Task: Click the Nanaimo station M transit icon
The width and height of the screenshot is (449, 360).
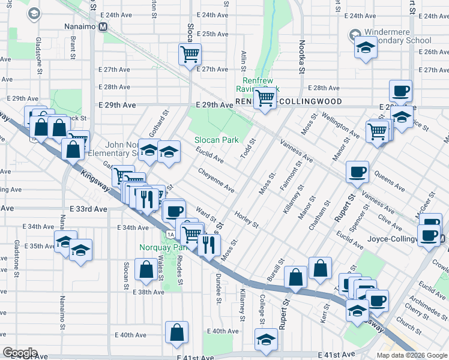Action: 103,26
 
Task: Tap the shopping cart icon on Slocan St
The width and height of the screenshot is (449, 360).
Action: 190,54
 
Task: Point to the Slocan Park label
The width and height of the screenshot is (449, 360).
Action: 216,140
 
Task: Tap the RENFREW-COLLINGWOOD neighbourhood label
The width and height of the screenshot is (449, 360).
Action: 289,102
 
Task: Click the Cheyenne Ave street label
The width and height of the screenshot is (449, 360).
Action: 217,179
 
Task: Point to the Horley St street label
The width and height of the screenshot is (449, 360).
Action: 246,220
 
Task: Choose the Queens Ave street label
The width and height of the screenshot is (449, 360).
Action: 388,176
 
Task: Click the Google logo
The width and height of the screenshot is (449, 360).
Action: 20,353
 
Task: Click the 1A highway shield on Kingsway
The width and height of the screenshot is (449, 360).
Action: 171,234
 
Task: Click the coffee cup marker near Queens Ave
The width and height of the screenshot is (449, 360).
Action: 357,172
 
